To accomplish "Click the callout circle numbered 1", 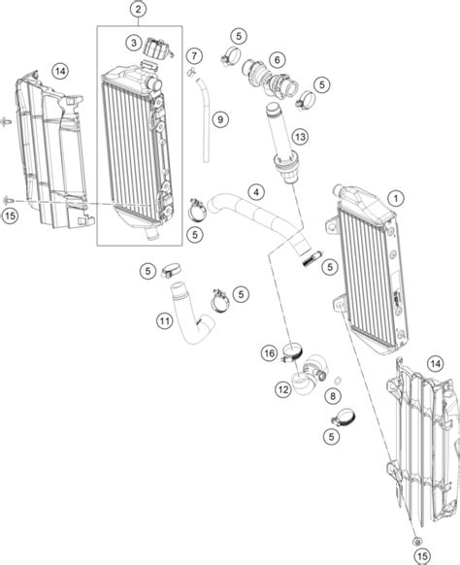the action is [396, 198].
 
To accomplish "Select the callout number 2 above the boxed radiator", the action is [139, 10].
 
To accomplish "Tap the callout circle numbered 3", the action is [134, 44].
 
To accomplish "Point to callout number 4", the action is [256, 192].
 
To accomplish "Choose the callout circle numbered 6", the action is [277, 59].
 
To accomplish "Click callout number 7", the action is [194, 56].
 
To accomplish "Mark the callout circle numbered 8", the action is [333, 396].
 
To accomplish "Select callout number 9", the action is [220, 118].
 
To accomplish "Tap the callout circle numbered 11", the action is [165, 320].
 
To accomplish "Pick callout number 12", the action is [283, 389].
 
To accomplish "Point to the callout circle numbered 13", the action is [300, 137].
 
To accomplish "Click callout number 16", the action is [270, 353].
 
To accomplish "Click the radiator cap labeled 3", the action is [158, 49].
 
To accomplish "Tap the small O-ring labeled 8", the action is [338, 381].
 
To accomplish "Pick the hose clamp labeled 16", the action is [292, 353].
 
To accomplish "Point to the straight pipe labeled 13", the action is [283, 144].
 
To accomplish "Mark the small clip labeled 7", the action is [191, 72].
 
